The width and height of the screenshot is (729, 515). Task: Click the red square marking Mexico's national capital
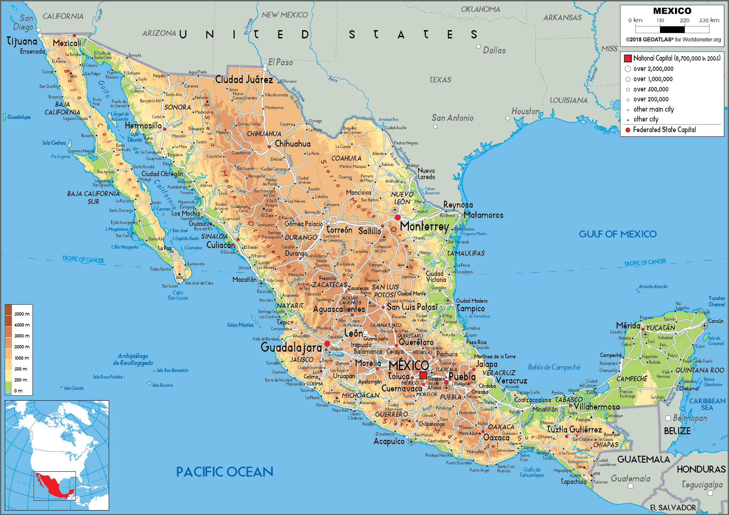pyautogui.click(x=423, y=375)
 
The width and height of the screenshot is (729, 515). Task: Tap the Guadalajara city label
pyautogui.click(x=291, y=347)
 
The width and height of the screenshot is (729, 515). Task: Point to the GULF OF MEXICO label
pyautogui.click(x=617, y=234)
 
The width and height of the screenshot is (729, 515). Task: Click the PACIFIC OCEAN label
pyautogui.click(x=224, y=472)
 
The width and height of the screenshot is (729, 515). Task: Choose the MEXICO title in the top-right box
pyautogui.click(x=672, y=11)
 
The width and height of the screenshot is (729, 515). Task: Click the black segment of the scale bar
pyautogui.click(x=672, y=29)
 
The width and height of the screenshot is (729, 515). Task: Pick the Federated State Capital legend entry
pyautogui.click(x=664, y=130)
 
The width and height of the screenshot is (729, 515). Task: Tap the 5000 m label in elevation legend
pyautogui.click(x=22, y=314)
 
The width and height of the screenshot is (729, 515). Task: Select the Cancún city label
pyautogui.click(x=716, y=321)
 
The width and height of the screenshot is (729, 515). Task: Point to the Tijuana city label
pyautogui.click(x=22, y=41)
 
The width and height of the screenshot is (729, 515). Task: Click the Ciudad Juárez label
pyautogui.click(x=244, y=79)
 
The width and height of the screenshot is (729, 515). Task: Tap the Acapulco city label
pyautogui.click(x=389, y=441)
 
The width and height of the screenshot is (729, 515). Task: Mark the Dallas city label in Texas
pyautogui.click(x=494, y=50)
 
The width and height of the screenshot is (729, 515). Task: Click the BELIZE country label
pyautogui.click(x=677, y=431)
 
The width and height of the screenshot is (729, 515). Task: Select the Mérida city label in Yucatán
pyautogui.click(x=628, y=325)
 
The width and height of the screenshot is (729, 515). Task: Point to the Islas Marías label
pyautogui.click(x=240, y=325)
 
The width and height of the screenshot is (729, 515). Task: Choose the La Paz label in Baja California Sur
pyautogui.click(x=164, y=248)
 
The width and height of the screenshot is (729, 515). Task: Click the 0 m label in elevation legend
pyautogui.click(x=18, y=391)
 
